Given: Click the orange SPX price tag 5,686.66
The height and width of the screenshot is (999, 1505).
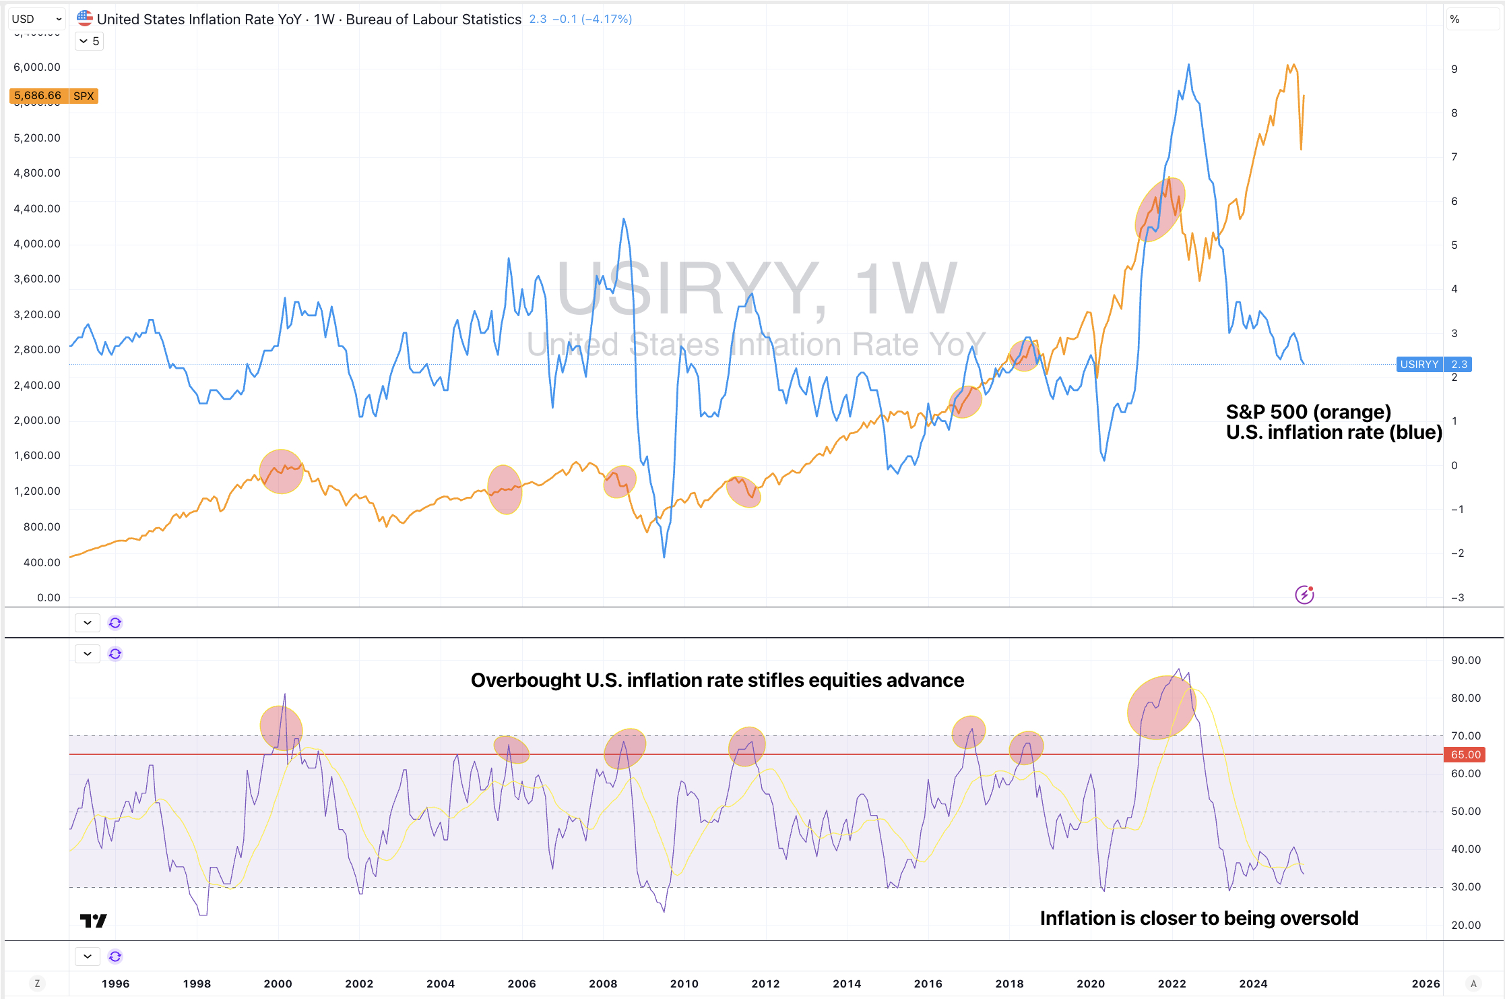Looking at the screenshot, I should point(54,96).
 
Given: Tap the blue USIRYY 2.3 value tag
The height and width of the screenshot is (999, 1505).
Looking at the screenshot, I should point(1434,365).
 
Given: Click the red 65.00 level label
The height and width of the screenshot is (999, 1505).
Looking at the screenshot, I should point(1465,755).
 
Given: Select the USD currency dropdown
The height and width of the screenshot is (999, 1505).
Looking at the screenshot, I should point(36,19).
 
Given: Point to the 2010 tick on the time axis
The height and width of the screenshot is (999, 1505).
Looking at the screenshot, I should point(684,983).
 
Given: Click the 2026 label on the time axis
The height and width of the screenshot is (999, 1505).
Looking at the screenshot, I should point(1426,983).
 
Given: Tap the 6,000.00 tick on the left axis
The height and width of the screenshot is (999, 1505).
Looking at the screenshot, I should point(37,67).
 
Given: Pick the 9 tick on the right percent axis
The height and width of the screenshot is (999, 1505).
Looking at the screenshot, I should point(1454,69).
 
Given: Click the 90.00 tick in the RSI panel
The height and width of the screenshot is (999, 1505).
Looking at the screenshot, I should point(1465,661).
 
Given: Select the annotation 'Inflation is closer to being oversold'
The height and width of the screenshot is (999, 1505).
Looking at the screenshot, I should point(1198,918).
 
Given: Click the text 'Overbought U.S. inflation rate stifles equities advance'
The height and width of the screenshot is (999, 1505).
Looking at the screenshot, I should point(717,680).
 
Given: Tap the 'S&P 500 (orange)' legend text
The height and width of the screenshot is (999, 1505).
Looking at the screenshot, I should point(1308,412).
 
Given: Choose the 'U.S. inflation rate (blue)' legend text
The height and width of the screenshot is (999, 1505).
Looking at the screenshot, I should point(1334,432).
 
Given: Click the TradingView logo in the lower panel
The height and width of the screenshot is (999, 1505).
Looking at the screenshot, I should point(93,921).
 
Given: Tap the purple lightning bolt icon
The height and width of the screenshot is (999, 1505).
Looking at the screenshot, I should point(1304,595).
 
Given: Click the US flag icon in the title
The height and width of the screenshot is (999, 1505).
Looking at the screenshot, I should point(84,18).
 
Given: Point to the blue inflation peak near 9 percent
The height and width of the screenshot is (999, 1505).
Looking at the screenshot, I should point(1188,65).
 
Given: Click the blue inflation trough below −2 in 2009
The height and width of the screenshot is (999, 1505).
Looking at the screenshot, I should point(664,556).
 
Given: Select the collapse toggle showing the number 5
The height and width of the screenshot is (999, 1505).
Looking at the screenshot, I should point(89,41).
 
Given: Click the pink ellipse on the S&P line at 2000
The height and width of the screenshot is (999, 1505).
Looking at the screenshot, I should point(281,472).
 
